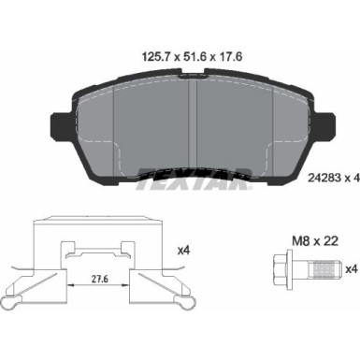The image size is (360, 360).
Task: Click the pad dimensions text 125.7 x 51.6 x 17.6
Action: point(192,57)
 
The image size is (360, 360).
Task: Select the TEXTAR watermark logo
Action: point(194,179)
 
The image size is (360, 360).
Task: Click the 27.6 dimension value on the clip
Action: point(99,279)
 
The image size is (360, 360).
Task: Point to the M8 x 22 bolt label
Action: point(315,241)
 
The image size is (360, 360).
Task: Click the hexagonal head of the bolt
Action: point(280,268)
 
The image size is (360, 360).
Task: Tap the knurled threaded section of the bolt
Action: point(324,268)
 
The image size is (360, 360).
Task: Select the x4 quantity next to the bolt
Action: point(353,268)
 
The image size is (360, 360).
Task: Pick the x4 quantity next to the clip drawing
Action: point(183,251)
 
